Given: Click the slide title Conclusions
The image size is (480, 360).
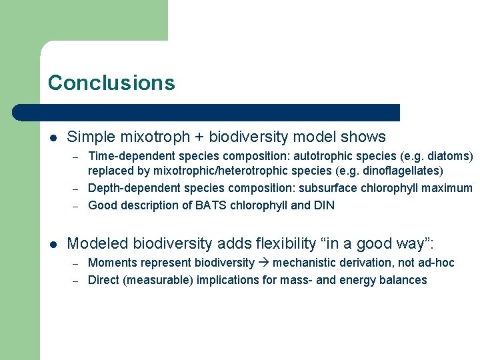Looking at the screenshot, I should coord(111,83).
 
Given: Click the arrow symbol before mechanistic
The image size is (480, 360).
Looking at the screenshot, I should coord(264,263).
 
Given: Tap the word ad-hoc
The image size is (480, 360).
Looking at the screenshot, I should coord(436,263).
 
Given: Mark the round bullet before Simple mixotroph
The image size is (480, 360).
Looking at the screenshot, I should coord(53,138).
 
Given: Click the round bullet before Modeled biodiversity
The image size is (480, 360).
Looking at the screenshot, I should coord(53,244).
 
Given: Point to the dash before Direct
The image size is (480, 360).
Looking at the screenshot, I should coord(77,280).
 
